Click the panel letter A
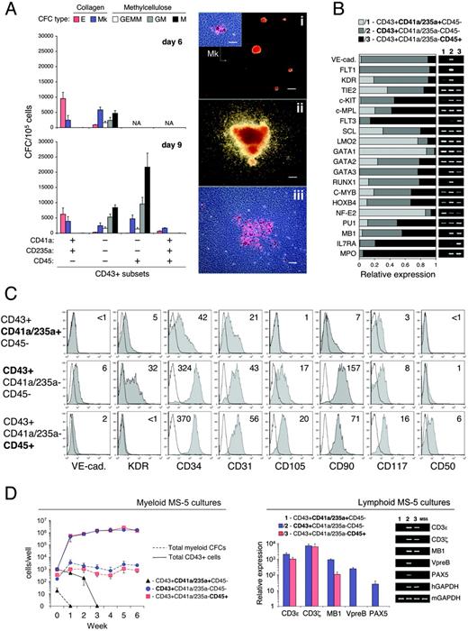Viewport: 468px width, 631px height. click(9, 8)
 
